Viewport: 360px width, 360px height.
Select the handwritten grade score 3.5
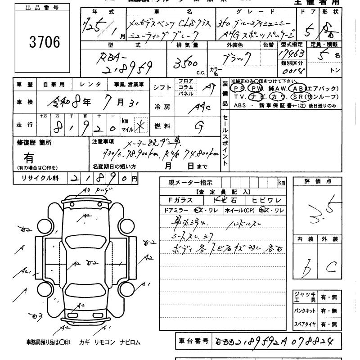pyautogui.click(x=320, y=211)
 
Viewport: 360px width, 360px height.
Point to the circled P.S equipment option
pyautogui.click(x=239, y=89)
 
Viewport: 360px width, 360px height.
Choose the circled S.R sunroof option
pyautogui.click(x=297, y=97)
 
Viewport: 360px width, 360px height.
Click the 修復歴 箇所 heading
pyautogui.click(x=34, y=142)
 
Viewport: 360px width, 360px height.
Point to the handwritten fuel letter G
pyautogui.click(x=197, y=126)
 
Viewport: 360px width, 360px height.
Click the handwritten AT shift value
pyautogui.click(x=208, y=88)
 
